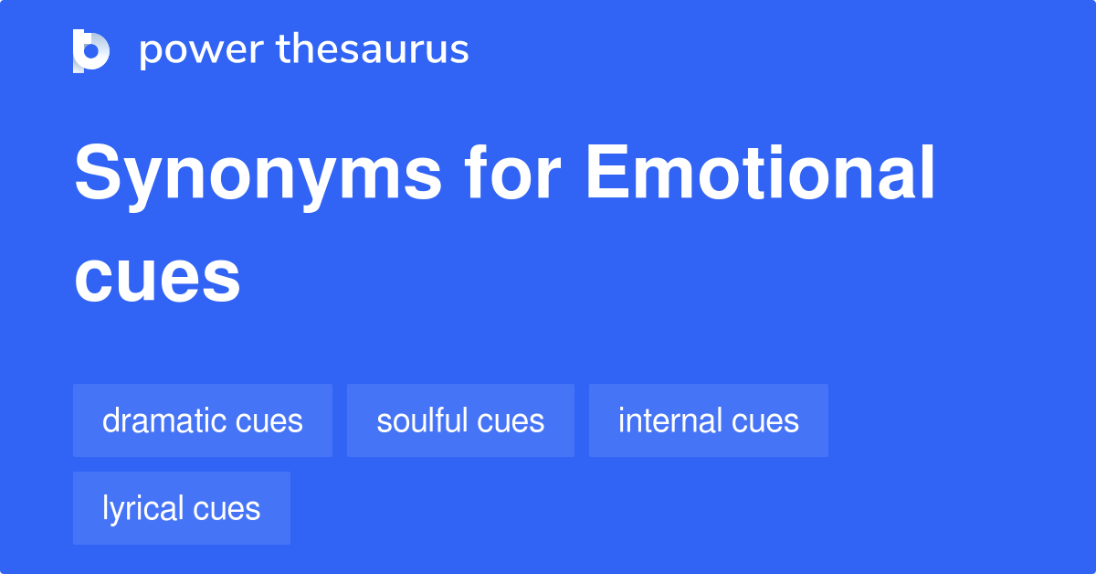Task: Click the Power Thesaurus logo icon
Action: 91,50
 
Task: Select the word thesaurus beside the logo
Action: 373,50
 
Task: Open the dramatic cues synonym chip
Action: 202,420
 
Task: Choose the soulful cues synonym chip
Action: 460,420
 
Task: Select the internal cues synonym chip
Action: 708,420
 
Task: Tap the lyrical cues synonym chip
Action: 181,508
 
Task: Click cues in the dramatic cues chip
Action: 269,421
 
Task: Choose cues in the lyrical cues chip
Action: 226,509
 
